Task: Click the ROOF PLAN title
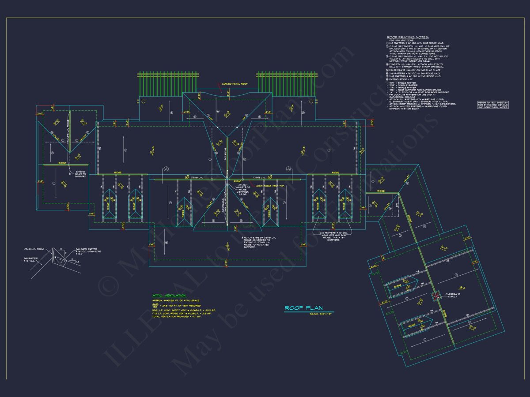coord(304,308)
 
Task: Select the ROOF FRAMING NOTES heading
coord(408,37)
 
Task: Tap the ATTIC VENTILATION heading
coord(169,295)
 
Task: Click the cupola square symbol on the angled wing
coord(436,296)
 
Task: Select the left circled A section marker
coord(166,169)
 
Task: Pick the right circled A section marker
coord(288,169)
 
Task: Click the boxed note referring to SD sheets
coord(493,105)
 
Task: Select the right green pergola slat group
coord(286,83)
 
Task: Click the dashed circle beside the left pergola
coord(143,101)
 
